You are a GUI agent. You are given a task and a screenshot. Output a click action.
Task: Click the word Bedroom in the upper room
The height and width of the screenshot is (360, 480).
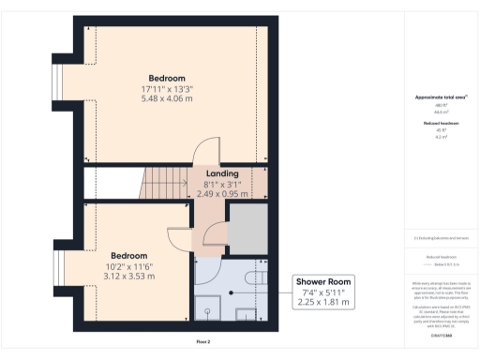(167, 77)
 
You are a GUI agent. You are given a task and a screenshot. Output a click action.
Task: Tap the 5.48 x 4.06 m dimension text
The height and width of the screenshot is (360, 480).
(167, 98)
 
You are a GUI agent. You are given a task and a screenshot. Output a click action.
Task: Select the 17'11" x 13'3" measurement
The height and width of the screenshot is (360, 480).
(167, 88)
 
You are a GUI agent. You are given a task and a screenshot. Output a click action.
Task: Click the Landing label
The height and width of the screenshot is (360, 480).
(223, 173)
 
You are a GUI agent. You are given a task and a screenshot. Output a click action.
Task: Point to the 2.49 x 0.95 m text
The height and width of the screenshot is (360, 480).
(223, 194)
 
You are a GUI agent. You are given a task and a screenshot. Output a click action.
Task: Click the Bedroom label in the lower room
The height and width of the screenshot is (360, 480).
(129, 255)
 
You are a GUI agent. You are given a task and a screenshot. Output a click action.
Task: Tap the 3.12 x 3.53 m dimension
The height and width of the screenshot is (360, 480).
(129, 277)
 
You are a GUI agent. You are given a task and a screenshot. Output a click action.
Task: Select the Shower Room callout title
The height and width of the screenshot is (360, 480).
(322, 281)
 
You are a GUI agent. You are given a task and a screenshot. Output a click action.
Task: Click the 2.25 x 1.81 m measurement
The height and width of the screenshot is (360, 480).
(322, 303)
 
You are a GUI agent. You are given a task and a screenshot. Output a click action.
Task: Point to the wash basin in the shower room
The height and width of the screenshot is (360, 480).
(247, 311)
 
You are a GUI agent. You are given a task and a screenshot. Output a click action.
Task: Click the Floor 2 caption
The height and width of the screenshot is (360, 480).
(203, 341)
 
